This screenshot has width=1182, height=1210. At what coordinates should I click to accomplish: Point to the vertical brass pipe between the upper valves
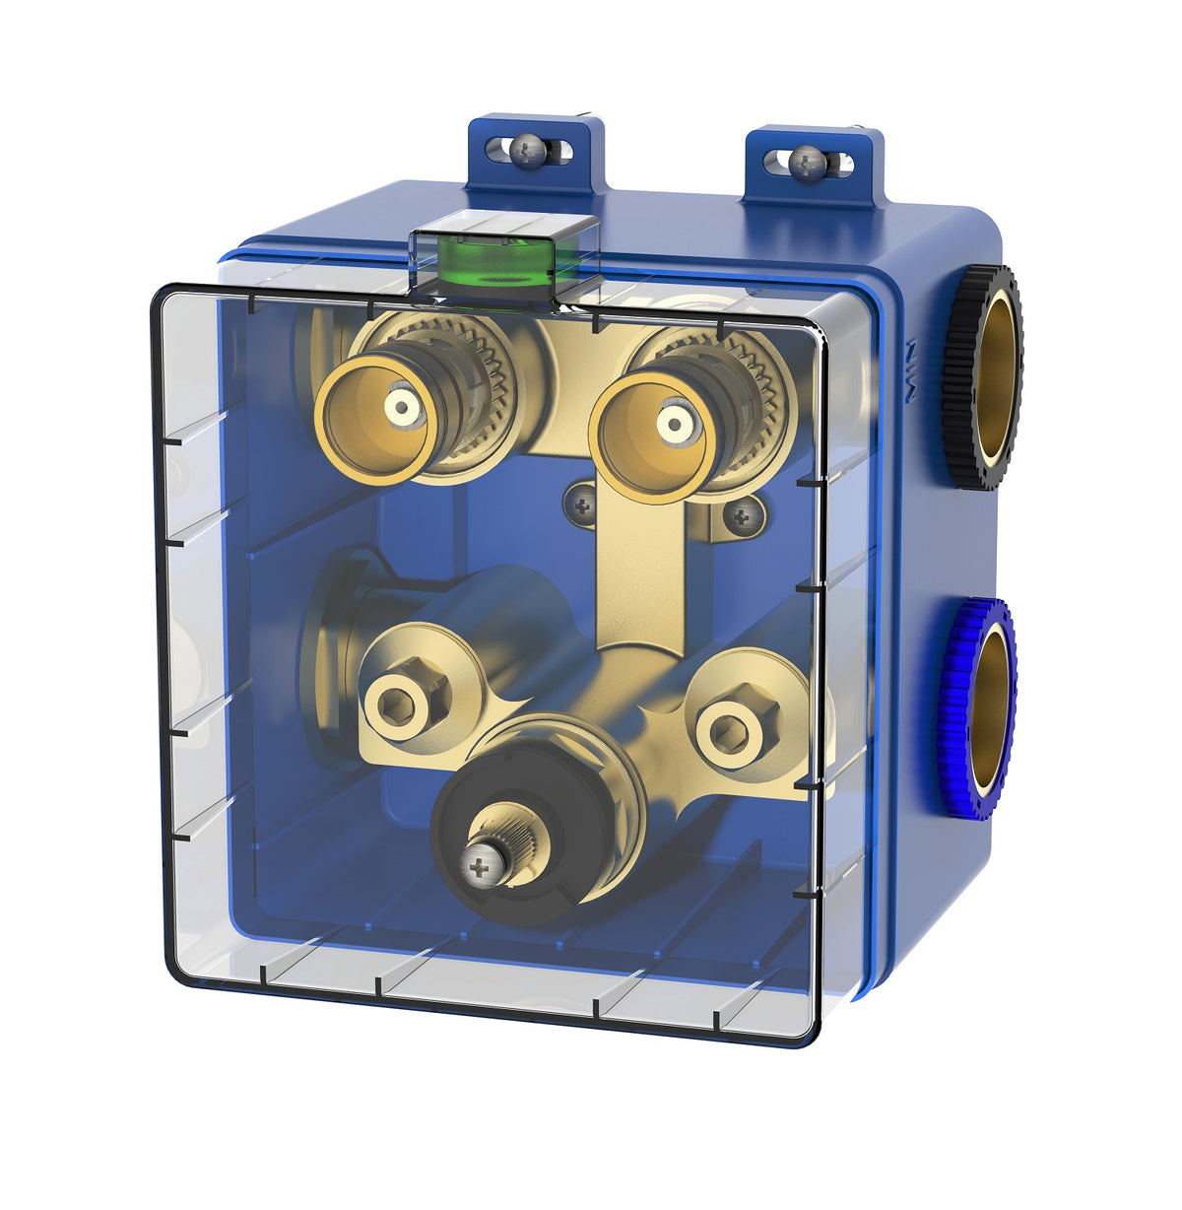(630, 571)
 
